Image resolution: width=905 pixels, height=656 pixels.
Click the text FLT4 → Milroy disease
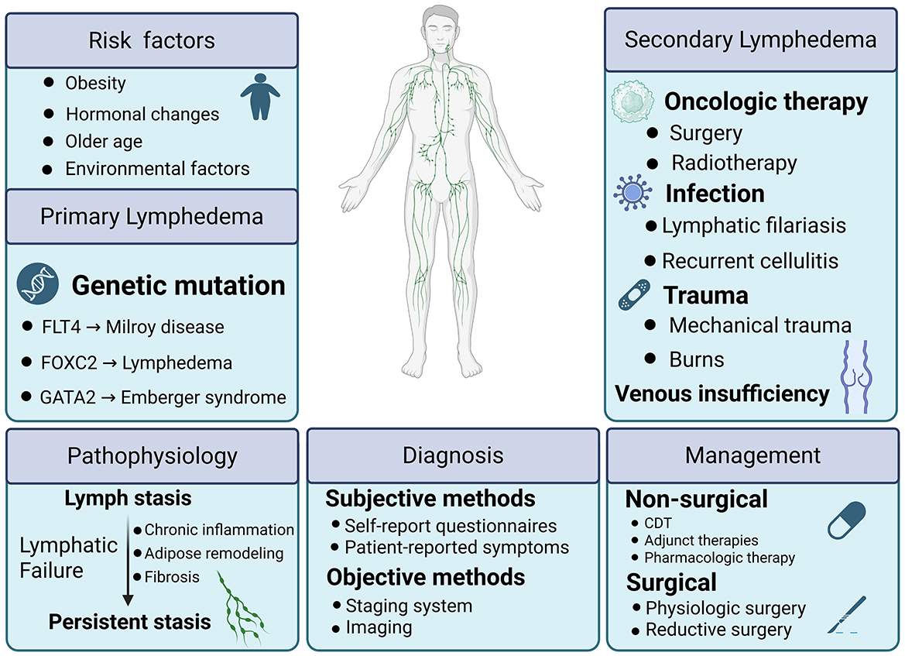pos(133,327)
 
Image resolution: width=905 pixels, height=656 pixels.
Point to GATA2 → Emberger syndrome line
pos(163,398)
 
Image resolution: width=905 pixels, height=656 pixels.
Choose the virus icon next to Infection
pos(632,193)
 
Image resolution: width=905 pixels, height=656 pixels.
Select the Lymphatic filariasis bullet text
pos(753,225)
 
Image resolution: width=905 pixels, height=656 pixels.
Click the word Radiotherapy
pos(734,163)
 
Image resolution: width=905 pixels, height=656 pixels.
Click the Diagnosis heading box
pos(453,455)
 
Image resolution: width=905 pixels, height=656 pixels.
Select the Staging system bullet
pos(408,605)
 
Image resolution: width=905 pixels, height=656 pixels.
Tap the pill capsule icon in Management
pos(846,520)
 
